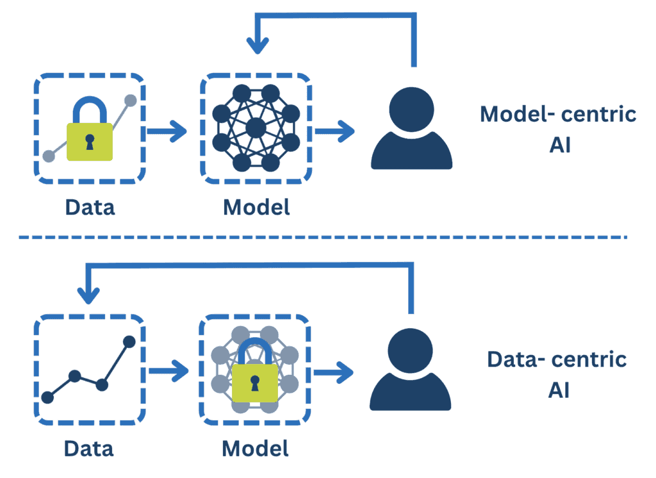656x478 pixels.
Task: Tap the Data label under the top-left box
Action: pyautogui.click(x=90, y=208)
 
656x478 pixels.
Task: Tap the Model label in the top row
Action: pyautogui.click(x=256, y=208)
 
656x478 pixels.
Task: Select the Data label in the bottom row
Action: pyautogui.click(x=90, y=447)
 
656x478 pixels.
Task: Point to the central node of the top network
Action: pyautogui.click(x=256, y=127)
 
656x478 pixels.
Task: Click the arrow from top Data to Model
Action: pyautogui.click(x=167, y=132)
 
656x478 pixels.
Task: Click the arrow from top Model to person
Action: pyautogui.click(x=334, y=132)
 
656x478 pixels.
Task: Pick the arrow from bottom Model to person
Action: pyautogui.click(x=334, y=371)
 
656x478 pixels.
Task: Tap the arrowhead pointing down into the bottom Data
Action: pyautogui.click(x=88, y=295)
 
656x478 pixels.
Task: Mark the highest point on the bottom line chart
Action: pyautogui.click(x=129, y=341)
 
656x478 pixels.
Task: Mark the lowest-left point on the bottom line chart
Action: pyautogui.click(x=47, y=397)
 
